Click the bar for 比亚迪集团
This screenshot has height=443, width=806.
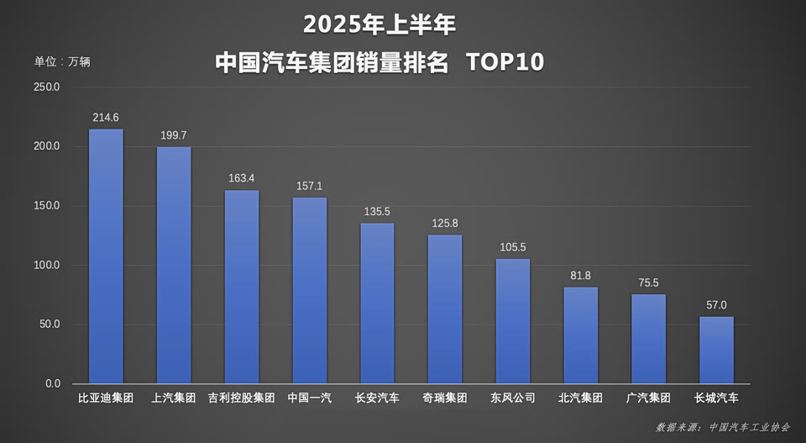coord(106,256)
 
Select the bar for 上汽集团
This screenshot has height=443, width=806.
coord(174,266)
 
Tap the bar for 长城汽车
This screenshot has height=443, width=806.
coord(716,350)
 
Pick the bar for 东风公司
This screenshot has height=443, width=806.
coord(512,321)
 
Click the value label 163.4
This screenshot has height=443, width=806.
coord(242,178)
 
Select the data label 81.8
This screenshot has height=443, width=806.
coord(580,275)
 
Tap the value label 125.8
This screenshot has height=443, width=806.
coord(445,223)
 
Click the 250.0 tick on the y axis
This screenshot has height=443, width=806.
coord(47,87)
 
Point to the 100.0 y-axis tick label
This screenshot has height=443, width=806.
coord(47,266)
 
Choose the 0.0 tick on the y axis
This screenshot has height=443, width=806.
coord(52,384)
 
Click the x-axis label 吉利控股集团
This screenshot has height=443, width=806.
coord(242,398)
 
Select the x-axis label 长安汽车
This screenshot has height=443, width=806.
coord(377,398)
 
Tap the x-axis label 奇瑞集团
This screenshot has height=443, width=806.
coord(445,398)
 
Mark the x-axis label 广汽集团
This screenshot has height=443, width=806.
coord(648,398)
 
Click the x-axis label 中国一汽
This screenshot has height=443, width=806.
coord(310,398)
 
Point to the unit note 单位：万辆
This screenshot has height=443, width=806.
coord(62,61)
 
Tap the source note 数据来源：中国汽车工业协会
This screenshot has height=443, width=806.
coord(723,427)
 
